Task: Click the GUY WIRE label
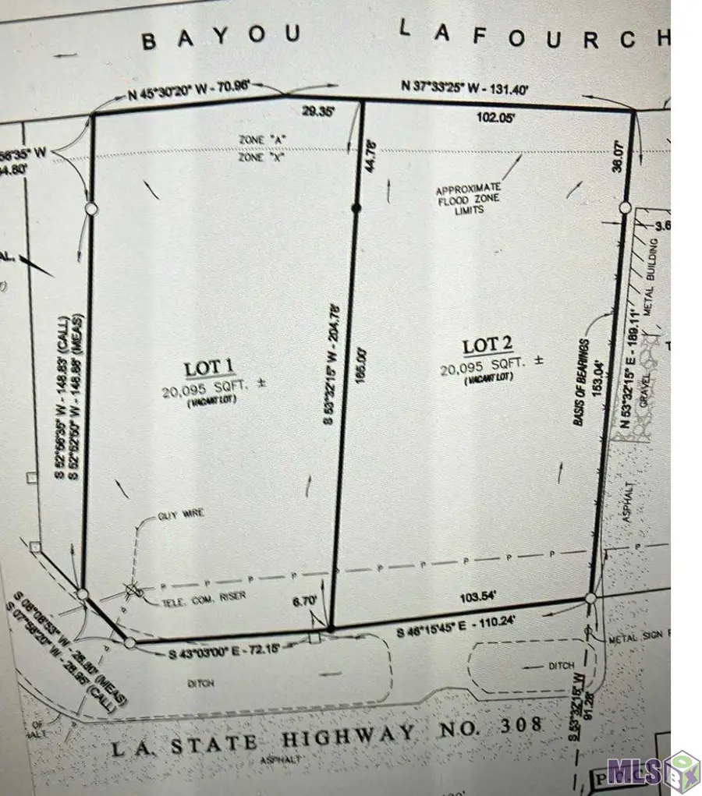pos(175,515)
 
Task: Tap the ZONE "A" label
pos(261,140)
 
